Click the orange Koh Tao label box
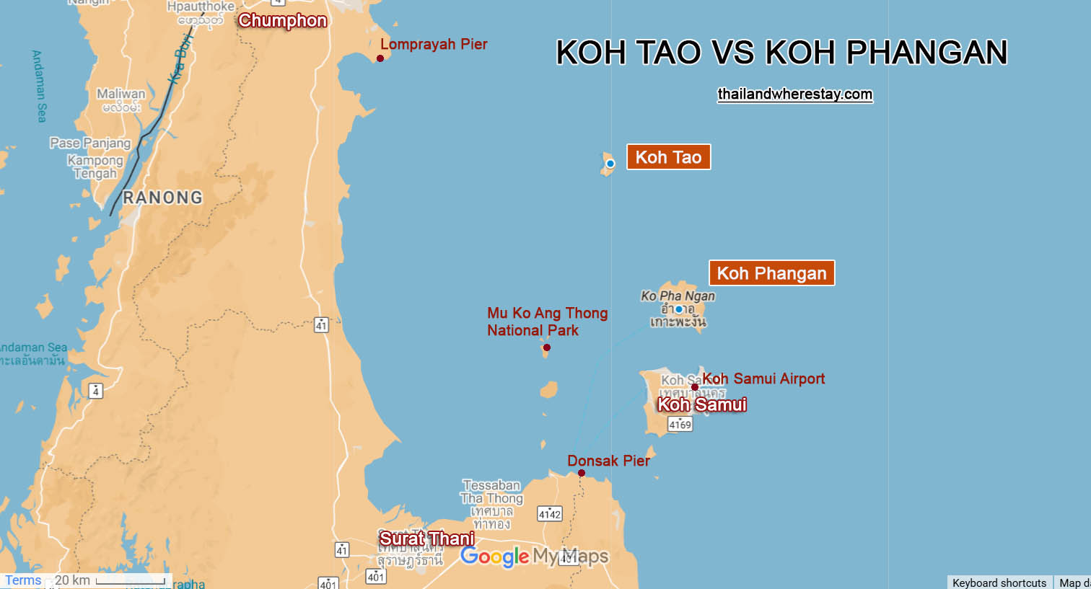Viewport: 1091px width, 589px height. (x=668, y=157)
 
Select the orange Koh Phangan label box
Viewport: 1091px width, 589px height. (x=771, y=273)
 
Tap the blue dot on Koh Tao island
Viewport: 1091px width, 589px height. (x=610, y=164)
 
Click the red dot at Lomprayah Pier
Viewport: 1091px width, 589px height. (x=380, y=58)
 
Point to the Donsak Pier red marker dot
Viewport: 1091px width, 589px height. (x=581, y=473)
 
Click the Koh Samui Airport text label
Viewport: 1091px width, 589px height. (x=763, y=378)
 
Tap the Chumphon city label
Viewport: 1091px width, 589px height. (x=282, y=20)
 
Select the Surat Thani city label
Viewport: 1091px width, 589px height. (x=426, y=539)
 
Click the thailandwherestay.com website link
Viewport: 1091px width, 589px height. (x=794, y=94)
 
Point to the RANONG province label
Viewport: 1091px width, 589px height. (x=162, y=198)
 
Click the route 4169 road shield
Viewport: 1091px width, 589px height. (x=680, y=425)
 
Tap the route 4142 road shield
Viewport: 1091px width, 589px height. (x=549, y=514)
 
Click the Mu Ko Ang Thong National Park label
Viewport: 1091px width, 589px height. (x=546, y=322)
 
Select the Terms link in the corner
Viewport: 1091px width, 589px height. (x=23, y=580)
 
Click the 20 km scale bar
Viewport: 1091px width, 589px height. (x=130, y=580)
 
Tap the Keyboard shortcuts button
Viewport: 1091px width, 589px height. (x=999, y=583)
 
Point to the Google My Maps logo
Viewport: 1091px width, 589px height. (x=534, y=557)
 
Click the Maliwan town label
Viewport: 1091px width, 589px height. (x=121, y=94)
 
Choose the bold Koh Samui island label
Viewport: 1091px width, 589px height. (x=701, y=404)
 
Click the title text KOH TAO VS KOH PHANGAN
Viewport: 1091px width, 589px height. (x=781, y=53)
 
